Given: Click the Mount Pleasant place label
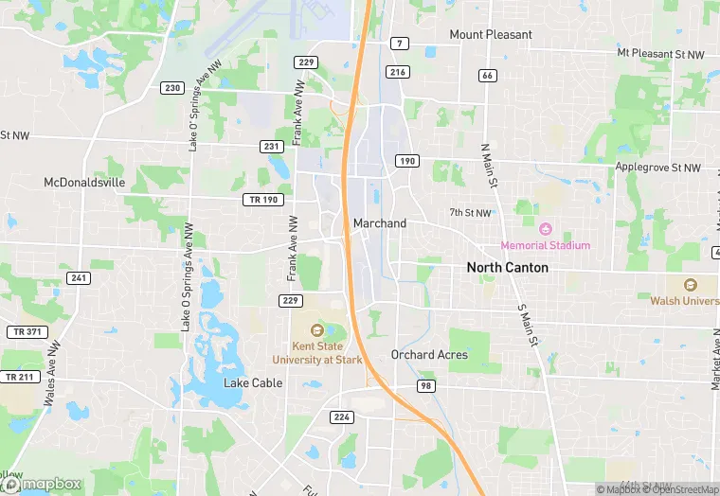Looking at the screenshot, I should tap(490, 35).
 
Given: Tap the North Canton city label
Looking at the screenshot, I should tap(507, 268).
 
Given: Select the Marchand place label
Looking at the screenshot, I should tap(379, 223).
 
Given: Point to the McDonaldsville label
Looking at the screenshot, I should tap(84, 183).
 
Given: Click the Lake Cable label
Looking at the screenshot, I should tap(253, 383).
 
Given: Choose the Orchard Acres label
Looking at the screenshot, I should tap(429, 355).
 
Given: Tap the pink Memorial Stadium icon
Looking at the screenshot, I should tap(545, 229).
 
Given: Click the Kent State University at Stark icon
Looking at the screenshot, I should tap(317, 330).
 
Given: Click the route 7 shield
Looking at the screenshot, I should tap(401, 44).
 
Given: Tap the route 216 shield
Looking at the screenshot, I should tap(398, 72).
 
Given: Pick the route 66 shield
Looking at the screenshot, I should tap(487, 75).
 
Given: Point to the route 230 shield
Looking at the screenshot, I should tap(171, 88).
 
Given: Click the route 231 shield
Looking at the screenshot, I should tap(272, 147).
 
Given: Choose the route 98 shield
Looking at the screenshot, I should tap(426, 385).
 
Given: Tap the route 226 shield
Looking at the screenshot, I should tap(341, 416).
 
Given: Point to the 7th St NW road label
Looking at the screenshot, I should tap(470, 214).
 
